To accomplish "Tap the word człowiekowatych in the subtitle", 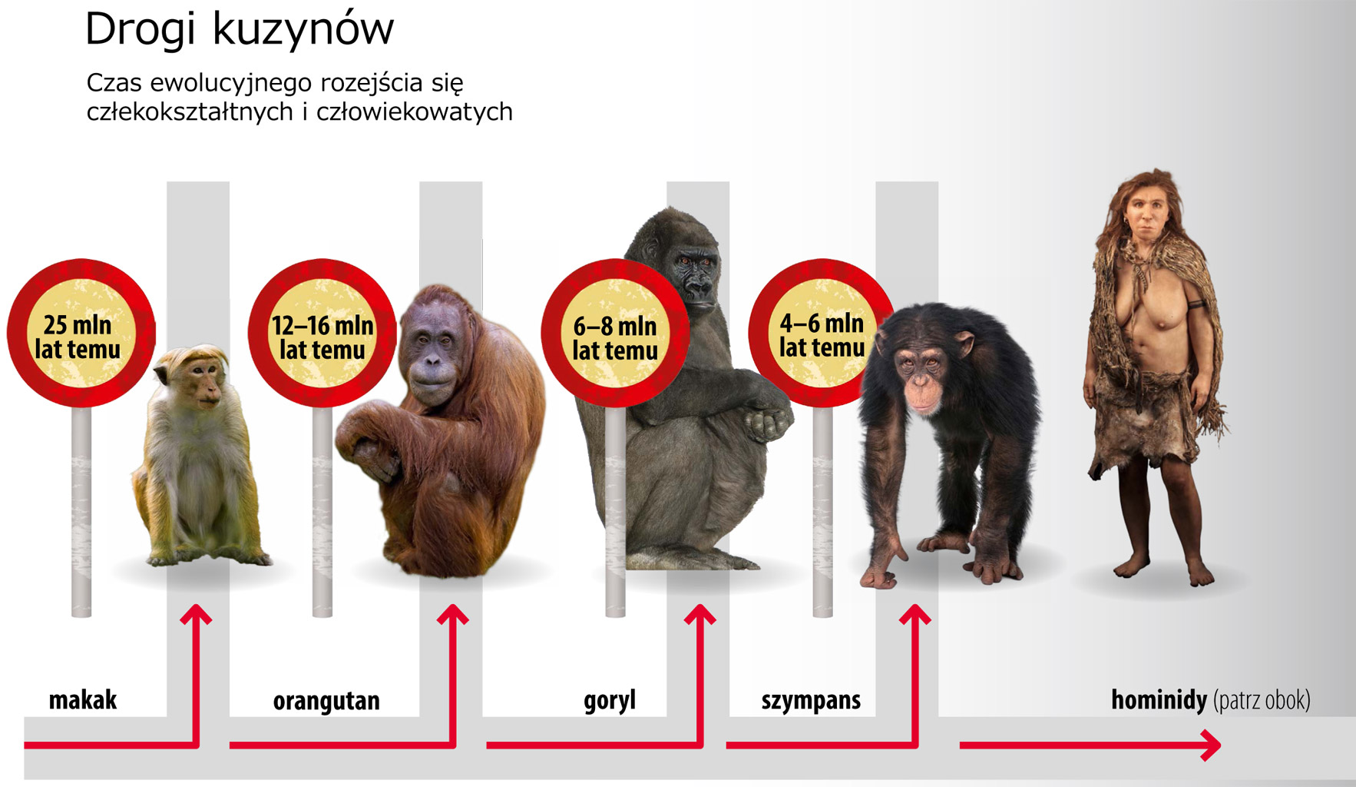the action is [415, 112].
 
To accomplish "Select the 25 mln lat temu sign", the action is [81, 333].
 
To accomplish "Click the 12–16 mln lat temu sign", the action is [322, 333].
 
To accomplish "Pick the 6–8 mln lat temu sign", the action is [615, 333].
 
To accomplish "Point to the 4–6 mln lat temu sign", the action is [822, 333].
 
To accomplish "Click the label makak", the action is [83, 700].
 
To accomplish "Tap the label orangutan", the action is [326, 701].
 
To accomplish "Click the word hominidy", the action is [1159, 700].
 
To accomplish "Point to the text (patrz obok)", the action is [1262, 700].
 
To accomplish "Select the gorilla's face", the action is [696, 277].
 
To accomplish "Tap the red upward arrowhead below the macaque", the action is [197, 615].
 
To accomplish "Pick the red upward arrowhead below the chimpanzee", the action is [915, 615].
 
